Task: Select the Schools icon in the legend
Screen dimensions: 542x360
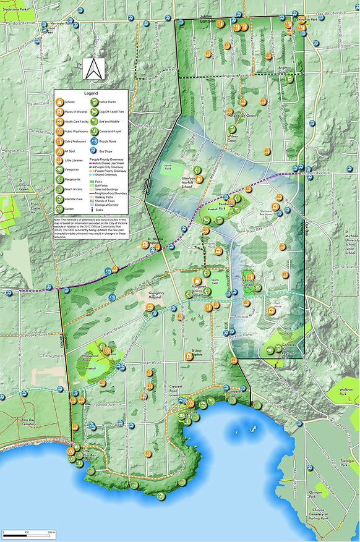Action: pos(60,101)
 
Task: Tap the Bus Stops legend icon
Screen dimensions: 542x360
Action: pos(94,150)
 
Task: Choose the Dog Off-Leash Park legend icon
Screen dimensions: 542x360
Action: pos(94,112)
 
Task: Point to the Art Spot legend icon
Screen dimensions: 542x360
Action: pos(60,151)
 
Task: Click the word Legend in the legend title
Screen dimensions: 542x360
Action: pos(91,92)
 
